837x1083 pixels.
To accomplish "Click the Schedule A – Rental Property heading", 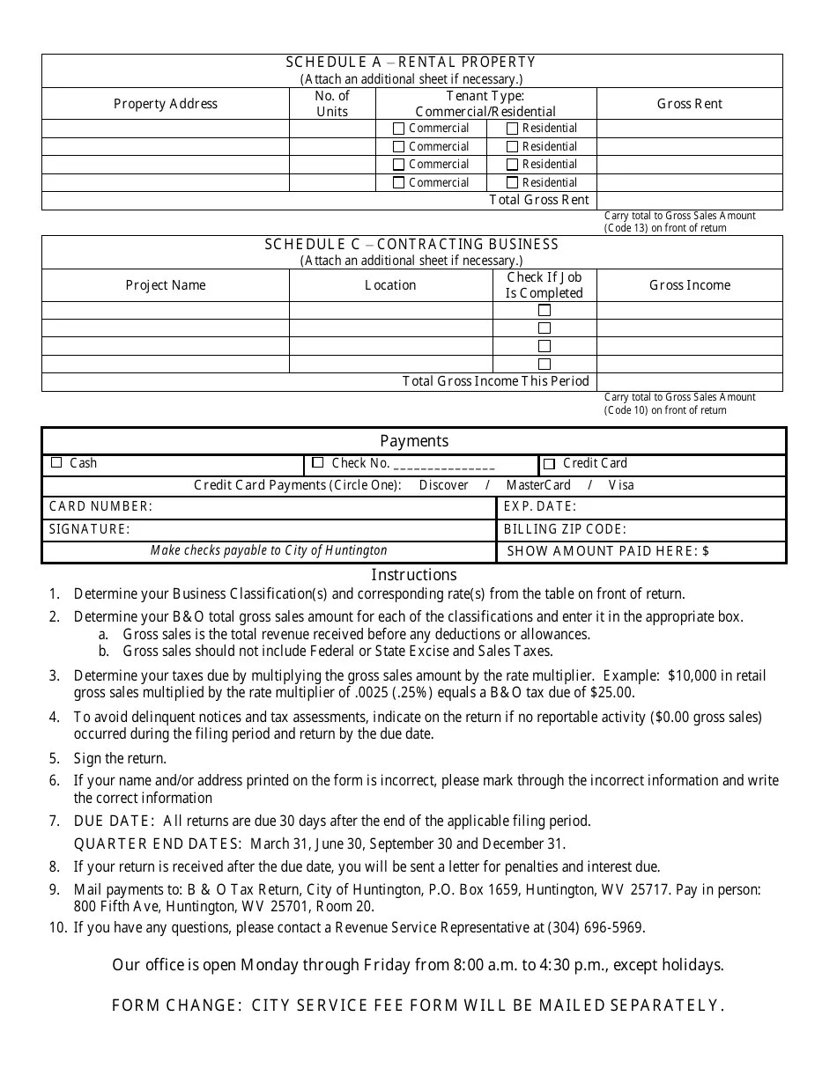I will click(x=411, y=63).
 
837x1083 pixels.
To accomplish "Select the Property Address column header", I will click(x=165, y=104).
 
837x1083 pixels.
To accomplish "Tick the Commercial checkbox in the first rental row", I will click(x=398, y=129).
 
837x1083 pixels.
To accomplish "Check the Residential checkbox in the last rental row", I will click(x=512, y=183).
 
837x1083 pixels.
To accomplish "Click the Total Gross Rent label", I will click(x=537, y=200).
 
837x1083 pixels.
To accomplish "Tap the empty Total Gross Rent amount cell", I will click(x=689, y=201).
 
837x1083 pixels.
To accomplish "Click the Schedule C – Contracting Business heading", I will click(x=411, y=245).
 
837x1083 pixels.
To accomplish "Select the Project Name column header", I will click(x=165, y=285).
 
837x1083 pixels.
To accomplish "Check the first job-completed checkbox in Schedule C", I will click(x=544, y=311).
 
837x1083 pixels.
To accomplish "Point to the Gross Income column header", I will click(x=689, y=285).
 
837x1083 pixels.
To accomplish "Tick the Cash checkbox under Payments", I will click(x=57, y=463).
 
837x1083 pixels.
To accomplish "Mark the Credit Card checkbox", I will click(x=549, y=464).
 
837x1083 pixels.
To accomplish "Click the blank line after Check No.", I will click(x=444, y=465).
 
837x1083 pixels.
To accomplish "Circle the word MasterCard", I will click(x=537, y=485).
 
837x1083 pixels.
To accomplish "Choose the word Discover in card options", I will click(x=443, y=485).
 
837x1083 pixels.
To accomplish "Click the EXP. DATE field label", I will click(x=539, y=506).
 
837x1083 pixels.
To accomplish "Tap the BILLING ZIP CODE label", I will click(x=565, y=529).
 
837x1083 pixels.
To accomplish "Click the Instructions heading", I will click(x=413, y=575).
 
